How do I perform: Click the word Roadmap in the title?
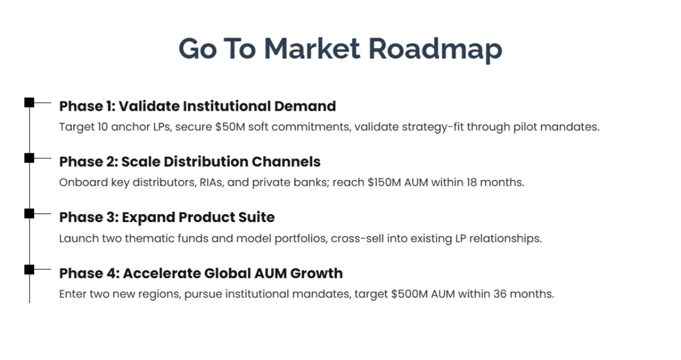pos(435,49)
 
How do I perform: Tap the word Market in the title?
pos(312,49)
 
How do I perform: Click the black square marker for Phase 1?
pos(29,103)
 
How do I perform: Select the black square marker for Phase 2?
pos(29,158)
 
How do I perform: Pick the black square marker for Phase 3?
pos(29,214)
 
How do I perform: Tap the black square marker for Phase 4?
pos(29,269)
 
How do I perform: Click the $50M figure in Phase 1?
pos(230,127)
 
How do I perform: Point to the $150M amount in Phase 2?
pos(384,182)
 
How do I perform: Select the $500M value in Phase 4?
pos(410,294)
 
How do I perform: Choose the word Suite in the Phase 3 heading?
pos(257,217)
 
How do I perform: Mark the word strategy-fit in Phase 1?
pos(432,127)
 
